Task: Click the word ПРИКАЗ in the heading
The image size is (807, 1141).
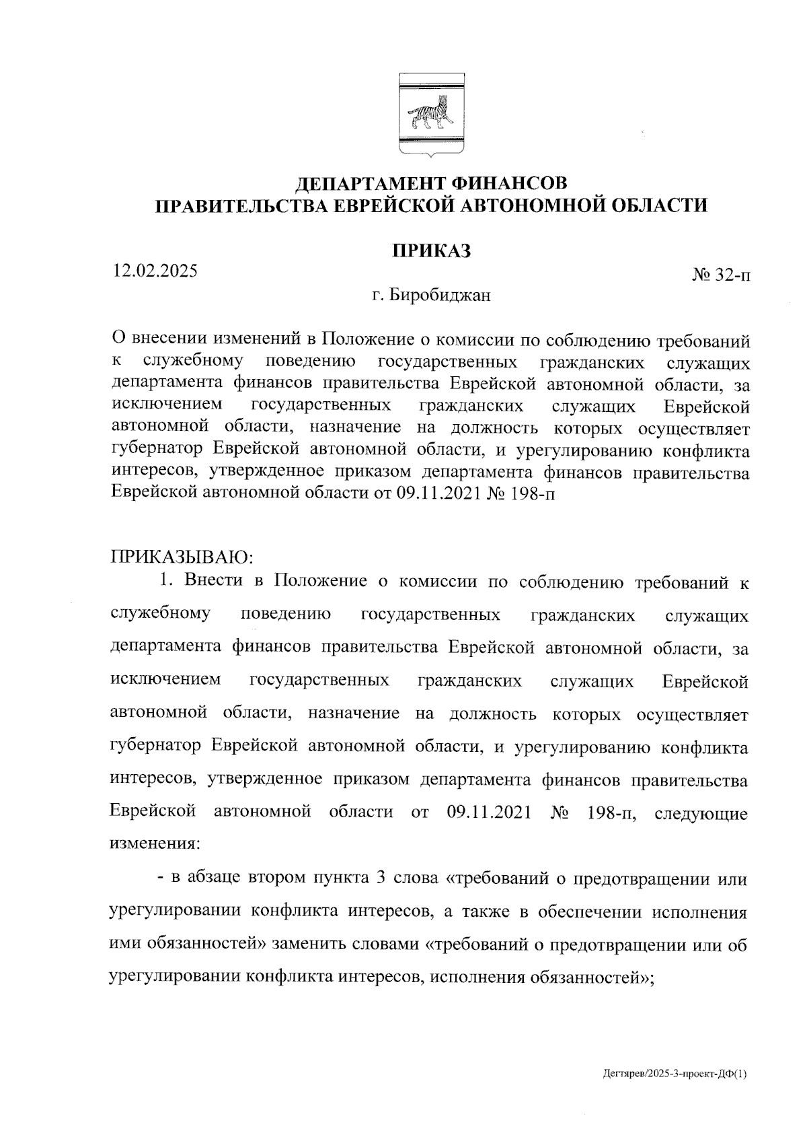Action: tap(431, 250)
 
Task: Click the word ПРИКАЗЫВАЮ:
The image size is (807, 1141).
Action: tap(181, 557)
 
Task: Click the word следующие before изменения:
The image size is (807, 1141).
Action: tap(700, 813)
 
